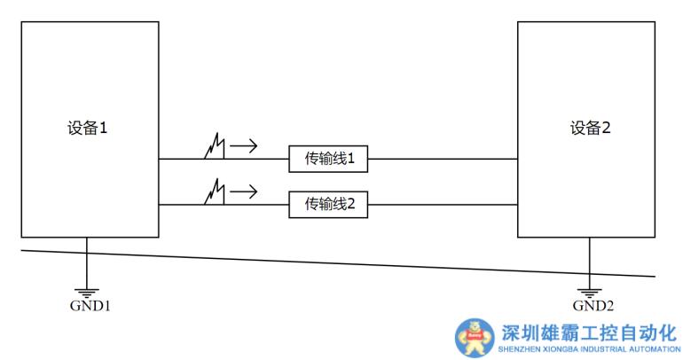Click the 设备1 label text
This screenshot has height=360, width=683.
[x=87, y=128]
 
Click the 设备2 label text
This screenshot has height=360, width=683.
[x=590, y=128]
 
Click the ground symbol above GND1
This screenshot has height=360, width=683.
[x=87, y=291]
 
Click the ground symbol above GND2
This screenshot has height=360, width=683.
[x=588, y=291]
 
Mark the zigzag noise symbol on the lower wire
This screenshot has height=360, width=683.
[x=214, y=192]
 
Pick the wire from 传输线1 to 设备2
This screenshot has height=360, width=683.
[x=442, y=160]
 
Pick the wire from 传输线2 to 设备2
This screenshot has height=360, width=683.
[x=442, y=205]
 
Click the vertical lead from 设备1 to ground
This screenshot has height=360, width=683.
[x=87, y=262]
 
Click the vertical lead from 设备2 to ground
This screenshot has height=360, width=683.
[x=588, y=262]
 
